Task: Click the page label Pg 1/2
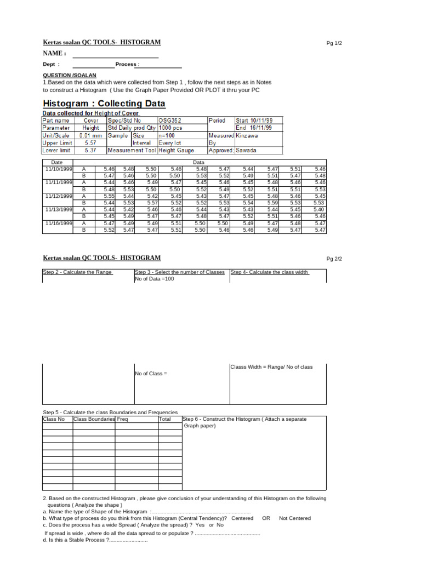tap(333, 43)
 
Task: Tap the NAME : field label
tap(55, 53)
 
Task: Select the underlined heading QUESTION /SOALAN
tap(70, 75)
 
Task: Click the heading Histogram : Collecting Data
tap(104, 104)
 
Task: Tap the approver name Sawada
tap(246, 150)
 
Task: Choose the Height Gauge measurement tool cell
tap(176, 150)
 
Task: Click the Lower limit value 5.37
tap(90, 150)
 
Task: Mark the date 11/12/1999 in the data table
tap(59, 196)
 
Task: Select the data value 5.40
tap(319, 209)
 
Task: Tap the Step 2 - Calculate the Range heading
tap(77, 272)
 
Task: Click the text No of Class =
tap(151, 373)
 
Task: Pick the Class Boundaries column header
tap(94, 419)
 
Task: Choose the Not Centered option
tap(294, 518)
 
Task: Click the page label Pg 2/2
tap(333, 259)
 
